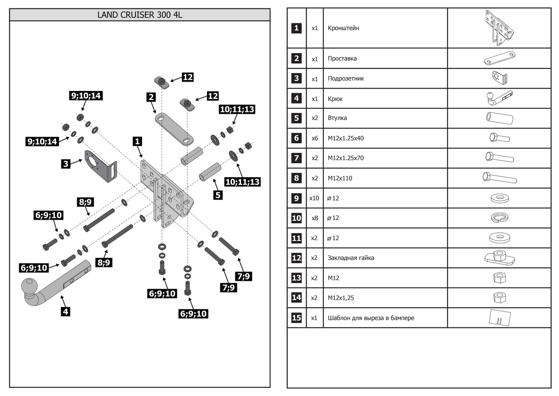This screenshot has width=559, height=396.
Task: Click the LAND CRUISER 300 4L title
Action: tap(140, 14)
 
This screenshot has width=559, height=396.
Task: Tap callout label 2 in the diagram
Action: tap(150, 97)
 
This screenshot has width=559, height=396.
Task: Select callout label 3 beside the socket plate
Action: tap(66, 163)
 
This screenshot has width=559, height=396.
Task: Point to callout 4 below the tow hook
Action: tap(66, 312)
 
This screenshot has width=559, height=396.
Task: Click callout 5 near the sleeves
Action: tap(218, 195)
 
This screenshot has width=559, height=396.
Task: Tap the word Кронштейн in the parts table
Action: tap(343, 28)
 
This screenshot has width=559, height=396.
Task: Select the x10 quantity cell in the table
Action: tap(314, 198)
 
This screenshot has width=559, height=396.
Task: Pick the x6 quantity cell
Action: tap(314, 138)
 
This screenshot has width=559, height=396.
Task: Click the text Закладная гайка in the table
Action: tap(351, 258)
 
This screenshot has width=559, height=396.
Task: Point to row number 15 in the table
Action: tap(296, 318)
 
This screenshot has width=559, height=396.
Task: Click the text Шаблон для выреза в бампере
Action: tap(371, 318)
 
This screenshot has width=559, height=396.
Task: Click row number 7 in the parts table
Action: tap(296, 158)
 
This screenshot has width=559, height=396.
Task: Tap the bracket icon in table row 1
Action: tap(499, 28)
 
